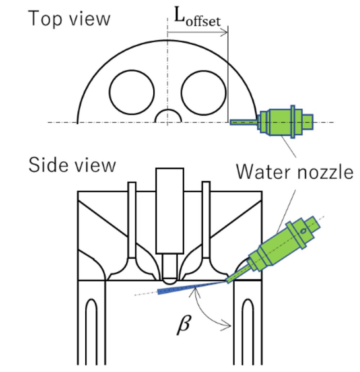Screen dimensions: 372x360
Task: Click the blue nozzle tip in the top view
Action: point(243,122)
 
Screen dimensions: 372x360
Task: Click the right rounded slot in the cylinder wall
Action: point(248,331)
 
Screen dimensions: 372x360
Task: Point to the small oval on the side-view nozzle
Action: point(303,231)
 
